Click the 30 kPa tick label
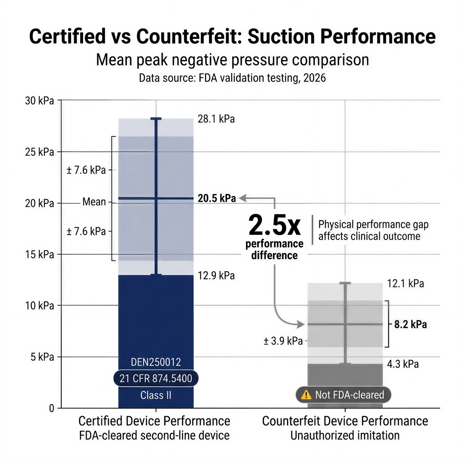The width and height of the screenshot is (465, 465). (x=40, y=101)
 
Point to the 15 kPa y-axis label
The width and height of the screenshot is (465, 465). (x=40, y=255)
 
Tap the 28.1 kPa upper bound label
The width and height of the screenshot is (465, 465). (x=216, y=119)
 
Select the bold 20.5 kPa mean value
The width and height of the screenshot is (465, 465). (x=217, y=198)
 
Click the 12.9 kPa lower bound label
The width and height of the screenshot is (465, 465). (x=216, y=276)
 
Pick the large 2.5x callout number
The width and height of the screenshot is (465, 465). (x=274, y=225)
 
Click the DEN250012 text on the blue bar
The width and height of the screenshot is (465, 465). (x=156, y=362)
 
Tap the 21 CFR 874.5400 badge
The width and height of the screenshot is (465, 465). (x=156, y=378)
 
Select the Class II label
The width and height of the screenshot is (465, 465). (x=156, y=395)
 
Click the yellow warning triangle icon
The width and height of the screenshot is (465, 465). (x=306, y=395)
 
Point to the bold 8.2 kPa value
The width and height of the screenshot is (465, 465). (x=410, y=324)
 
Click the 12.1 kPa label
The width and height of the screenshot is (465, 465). (x=405, y=284)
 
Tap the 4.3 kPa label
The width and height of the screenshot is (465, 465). (x=403, y=364)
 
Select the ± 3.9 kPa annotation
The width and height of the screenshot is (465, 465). (x=283, y=341)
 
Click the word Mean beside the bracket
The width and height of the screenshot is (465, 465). (x=94, y=202)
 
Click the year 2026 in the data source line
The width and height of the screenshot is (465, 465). (x=314, y=78)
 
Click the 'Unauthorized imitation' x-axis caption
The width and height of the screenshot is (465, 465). (x=345, y=435)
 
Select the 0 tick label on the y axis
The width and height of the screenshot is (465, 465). (x=52, y=408)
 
